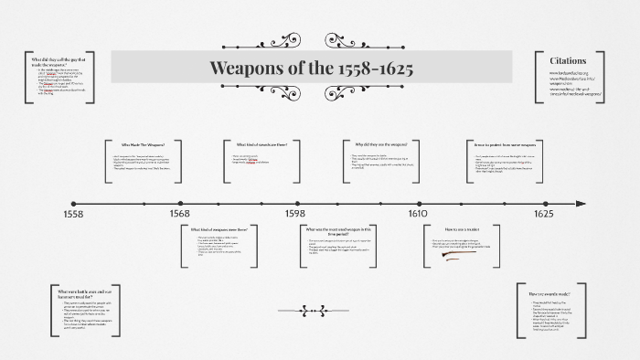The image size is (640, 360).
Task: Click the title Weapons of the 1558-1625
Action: [311, 68]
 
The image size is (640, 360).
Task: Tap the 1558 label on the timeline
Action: [73, 214]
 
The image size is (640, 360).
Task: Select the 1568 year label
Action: [179, 214]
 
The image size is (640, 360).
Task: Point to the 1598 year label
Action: [294, 214]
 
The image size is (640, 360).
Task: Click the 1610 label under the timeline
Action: [417, 214]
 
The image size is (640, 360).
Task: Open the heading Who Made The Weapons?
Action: [144, 144]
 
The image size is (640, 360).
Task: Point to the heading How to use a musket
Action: [463, 229]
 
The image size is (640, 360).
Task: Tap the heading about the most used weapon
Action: [339, 231]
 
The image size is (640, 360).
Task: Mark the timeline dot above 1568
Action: [180, 203]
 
